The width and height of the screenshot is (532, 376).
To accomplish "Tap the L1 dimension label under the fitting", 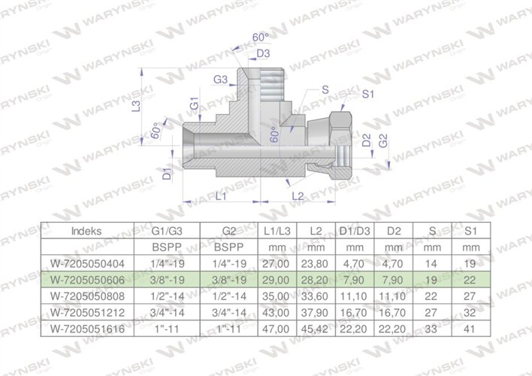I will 222,196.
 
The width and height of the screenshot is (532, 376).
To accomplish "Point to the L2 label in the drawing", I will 297,196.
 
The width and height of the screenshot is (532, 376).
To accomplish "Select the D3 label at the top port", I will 263,53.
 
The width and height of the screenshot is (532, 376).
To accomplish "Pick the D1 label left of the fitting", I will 167,174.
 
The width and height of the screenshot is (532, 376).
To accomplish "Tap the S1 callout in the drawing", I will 368,94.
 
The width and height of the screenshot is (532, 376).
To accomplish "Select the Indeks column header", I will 86,232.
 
